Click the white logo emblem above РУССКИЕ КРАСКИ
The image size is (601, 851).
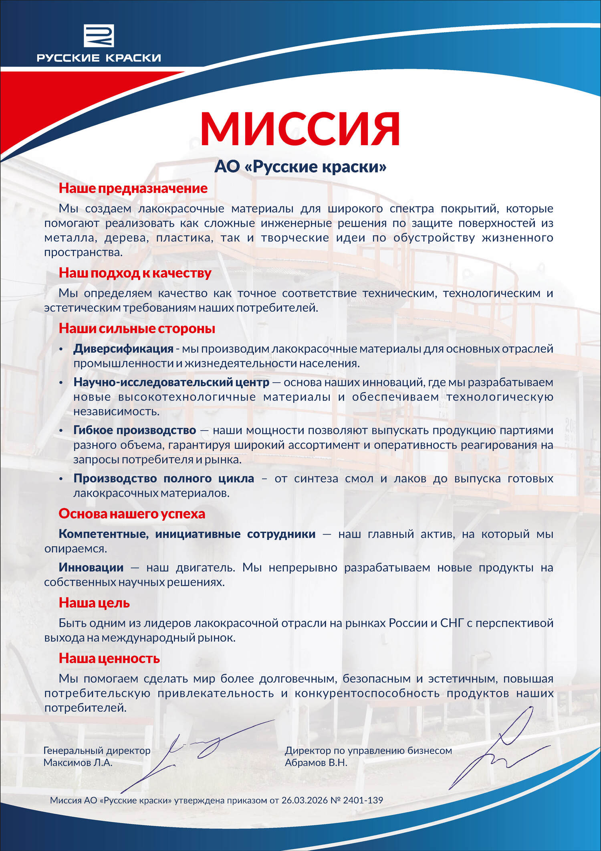click(x=99, y=35)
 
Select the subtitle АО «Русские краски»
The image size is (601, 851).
click(x=300, y=166)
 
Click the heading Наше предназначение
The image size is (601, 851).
click(x=133, y=188)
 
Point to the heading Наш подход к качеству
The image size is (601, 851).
click(x=135, y=273)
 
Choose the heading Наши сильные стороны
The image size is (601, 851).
click(x=137, y=328)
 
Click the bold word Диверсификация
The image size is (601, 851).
click(x=123, y=349)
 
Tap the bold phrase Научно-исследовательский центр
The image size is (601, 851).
click(x=171, y=382)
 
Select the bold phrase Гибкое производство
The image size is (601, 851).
click(x=135, y=430)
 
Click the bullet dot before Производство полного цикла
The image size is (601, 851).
click(x=61, y=479)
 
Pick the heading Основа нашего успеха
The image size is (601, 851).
click(x=132, y=514)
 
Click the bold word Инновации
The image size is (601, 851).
click(x=91, y=567)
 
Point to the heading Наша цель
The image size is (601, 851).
click(x=94, y=603)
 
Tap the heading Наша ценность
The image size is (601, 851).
click(x=109, y=658)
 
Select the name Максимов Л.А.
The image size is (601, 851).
click(x=78, y=762)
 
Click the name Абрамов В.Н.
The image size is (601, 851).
click(x=316, y=762)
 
